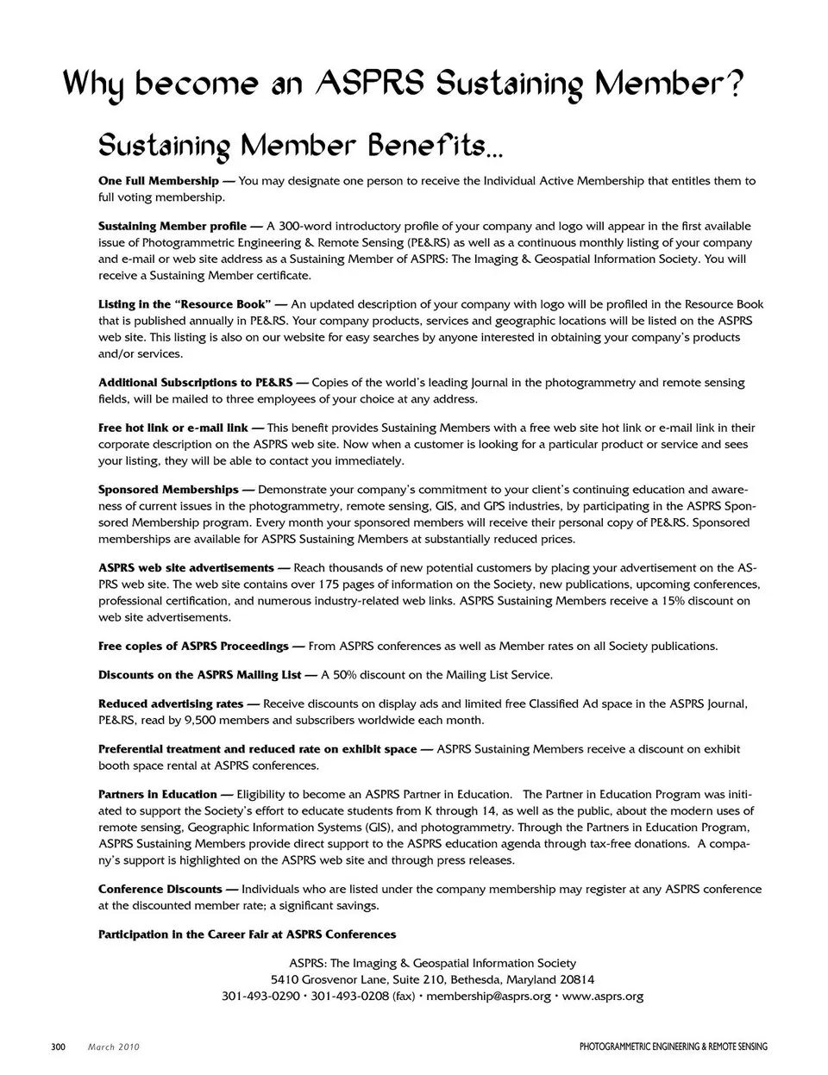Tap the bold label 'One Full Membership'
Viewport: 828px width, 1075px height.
(x=159, y=181)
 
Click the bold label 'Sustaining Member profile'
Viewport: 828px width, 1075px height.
(x=173, y=226)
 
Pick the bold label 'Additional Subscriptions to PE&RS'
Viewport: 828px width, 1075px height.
(x=196, y=382)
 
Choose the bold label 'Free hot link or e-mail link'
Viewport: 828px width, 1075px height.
(x=173, y=428)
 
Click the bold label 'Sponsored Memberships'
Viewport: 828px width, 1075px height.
(x=168, y=490)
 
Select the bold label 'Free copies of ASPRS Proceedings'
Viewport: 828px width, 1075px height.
(x=194, y=646)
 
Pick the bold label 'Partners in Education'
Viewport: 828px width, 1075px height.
(x=158, y=794)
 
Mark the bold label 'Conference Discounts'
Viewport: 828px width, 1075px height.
(x=160, y=889)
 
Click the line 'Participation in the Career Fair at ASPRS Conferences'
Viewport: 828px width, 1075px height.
(x=248, y=934)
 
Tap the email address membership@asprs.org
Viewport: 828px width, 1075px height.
(x=488, y=997)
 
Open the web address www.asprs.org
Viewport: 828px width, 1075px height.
(x=603, y=997)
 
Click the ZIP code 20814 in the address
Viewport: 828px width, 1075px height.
(x=577, y=980)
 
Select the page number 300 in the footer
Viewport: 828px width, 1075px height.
(x=59, y=1047)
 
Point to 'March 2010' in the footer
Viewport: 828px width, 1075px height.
(x=114, y=1047)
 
